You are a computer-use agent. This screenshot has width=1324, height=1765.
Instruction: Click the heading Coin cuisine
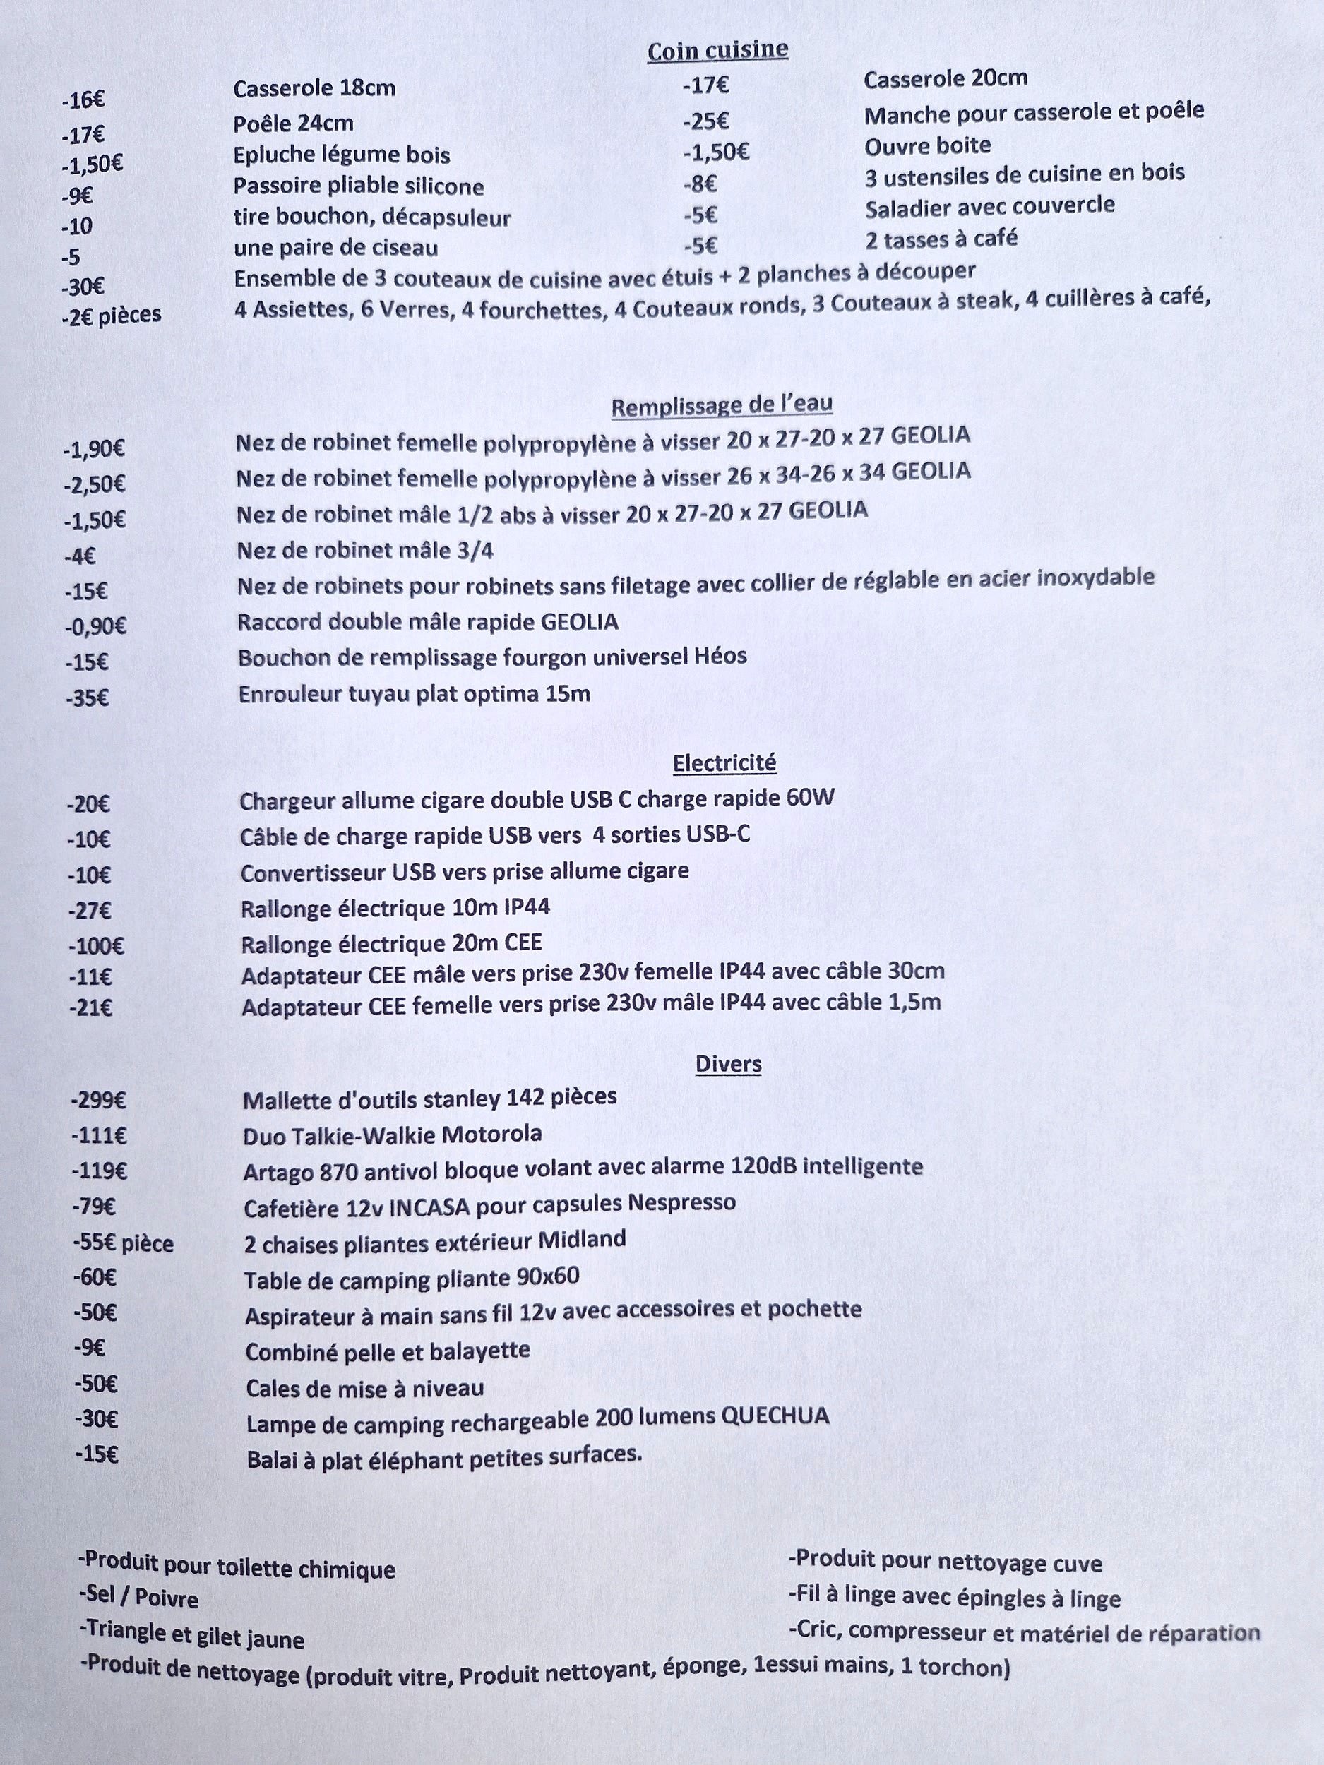coord(717,50)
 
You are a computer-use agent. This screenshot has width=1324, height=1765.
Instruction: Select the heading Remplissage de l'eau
coord(722,406)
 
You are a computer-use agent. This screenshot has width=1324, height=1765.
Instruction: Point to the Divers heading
coord(728,1064)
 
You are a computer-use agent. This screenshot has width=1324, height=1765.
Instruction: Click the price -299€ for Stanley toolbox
coord(99,1101)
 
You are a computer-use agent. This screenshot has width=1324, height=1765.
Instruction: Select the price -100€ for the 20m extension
coord(96,946)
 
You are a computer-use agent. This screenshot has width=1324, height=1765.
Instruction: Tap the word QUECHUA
coord(774,1416)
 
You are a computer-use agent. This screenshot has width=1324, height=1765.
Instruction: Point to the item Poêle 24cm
coord(293,124)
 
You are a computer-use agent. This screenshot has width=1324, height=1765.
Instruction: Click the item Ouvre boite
coord(927,146)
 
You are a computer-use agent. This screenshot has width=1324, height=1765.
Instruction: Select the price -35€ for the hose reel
coord(88,698)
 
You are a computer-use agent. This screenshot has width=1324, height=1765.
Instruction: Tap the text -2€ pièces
coord(112,314)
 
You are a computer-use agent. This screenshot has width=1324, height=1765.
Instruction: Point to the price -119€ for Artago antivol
coord(99,1171)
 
